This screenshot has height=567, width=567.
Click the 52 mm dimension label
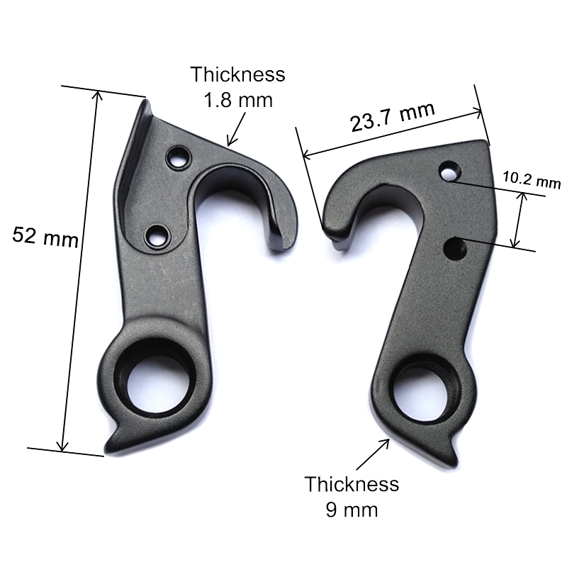coord(45,237)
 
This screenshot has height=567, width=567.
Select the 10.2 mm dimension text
coord(531,180)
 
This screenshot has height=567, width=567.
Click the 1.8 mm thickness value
coord(238,100)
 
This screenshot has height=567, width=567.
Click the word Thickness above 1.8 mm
coord(237,75)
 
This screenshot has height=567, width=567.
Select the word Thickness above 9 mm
coord(352,485)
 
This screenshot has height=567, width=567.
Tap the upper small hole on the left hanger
coord(176,157)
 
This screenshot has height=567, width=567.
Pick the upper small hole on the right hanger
coord(447,170)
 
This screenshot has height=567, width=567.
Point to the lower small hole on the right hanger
coord(454,247)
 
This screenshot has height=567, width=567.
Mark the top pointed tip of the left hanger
coord(147,103)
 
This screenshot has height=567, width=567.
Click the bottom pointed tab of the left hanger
coord(113,445)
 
